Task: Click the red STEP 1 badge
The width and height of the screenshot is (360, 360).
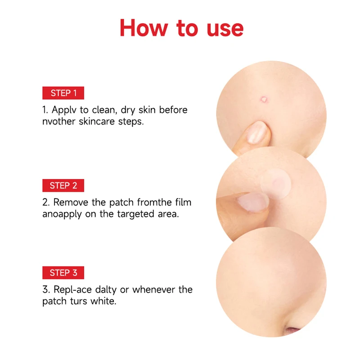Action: coord(63,93)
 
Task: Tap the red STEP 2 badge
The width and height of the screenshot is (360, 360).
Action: coord(63,185)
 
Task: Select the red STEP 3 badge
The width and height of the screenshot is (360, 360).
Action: coord(63,273)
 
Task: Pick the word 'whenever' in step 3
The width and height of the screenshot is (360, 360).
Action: coord(153,289)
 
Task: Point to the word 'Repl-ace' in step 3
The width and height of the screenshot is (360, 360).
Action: coord(71,290)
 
